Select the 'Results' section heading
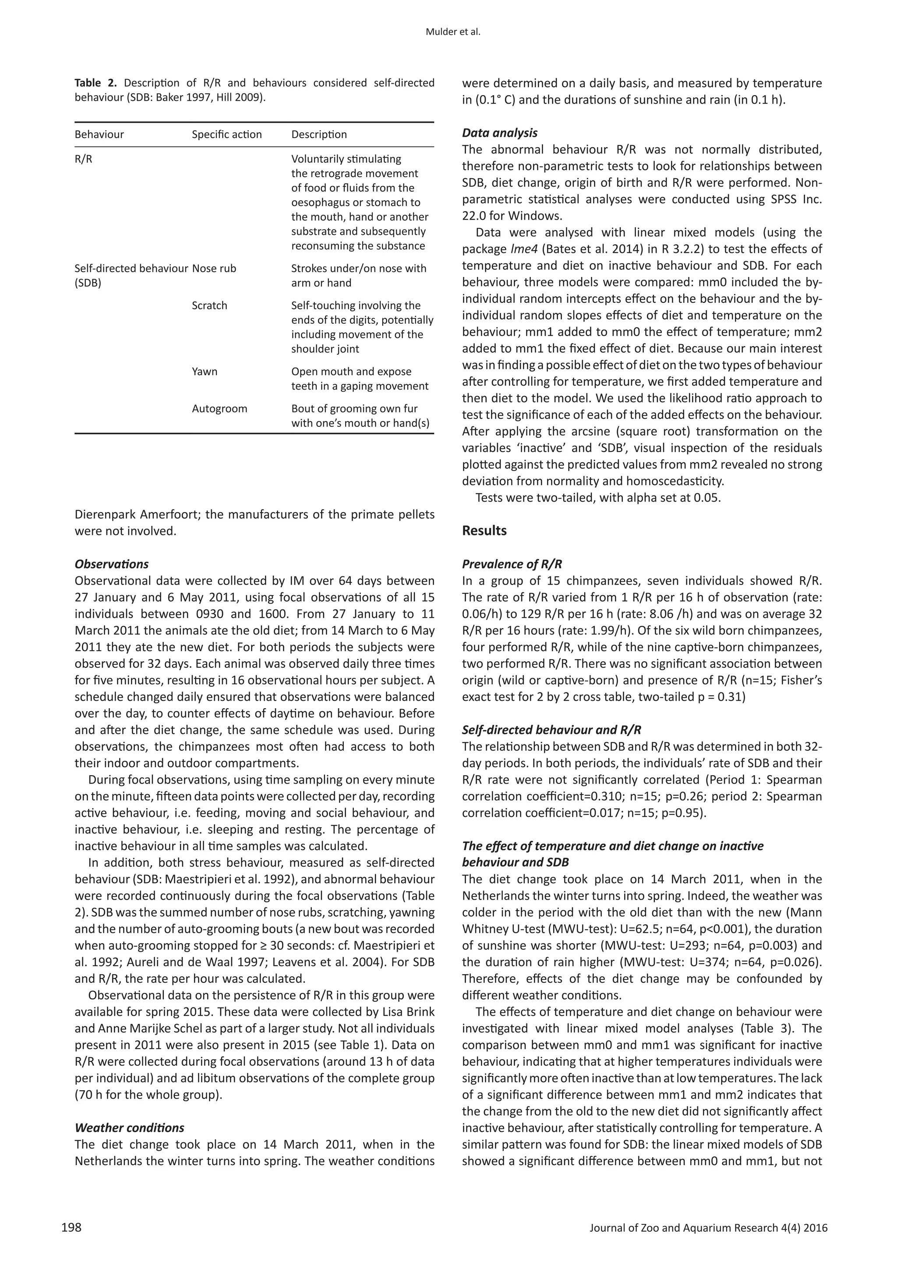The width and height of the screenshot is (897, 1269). click(484, 531)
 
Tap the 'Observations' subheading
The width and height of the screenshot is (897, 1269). click(112, 564)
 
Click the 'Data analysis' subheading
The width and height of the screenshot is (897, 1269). click(499, 133)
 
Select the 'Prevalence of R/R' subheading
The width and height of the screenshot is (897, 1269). click(512, 564)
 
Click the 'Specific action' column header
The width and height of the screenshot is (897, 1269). click(226, 135)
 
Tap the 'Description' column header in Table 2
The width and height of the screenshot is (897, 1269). click(319, 135)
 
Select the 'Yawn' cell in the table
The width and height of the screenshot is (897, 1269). click(205, 372)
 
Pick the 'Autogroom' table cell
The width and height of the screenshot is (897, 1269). click(219, 408)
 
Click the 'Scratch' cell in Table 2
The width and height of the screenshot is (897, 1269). click(209, 306)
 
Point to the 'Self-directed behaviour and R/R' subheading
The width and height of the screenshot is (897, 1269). click(551, 730)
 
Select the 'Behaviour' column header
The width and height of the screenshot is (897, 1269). click(99, 135)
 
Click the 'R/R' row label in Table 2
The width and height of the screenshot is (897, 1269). click(83, 159)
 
